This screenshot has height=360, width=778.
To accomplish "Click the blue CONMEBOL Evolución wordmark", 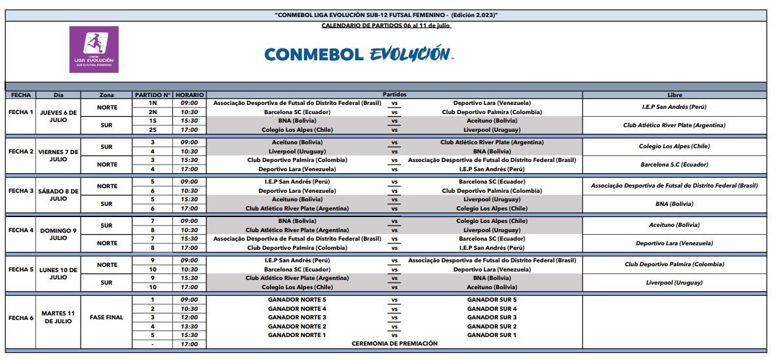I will (358, 54).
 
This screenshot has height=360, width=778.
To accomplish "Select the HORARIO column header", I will (190, 95).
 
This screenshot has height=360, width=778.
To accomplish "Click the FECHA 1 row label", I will (20, 112).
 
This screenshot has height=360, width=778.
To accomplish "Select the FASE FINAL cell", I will (106, 317).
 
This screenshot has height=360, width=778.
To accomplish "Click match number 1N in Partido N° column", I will (153, 103).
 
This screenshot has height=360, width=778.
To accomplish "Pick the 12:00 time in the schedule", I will (190, 317).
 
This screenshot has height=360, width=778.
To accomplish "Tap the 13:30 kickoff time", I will (190, 326).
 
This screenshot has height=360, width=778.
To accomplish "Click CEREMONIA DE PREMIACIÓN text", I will (395, 344).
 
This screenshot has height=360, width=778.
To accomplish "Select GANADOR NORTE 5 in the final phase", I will (297, 300).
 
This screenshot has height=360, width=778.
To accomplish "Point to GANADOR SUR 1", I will (492, 335).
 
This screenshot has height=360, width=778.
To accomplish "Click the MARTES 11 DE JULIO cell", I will (59, 317).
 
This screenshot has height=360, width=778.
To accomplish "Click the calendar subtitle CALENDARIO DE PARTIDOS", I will (386, 26).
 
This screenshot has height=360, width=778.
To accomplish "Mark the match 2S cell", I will (153, 130).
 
